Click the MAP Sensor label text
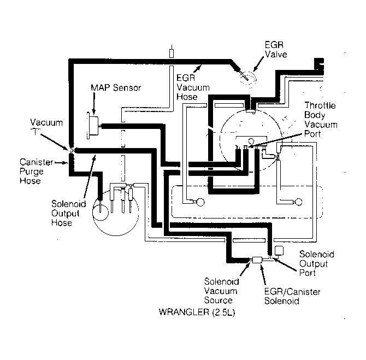tap(116, 88)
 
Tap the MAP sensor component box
tap(93, 126)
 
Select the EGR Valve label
tap(276, 50)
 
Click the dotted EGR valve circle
tap(248, 78)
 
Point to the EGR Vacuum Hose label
tap(193, 87)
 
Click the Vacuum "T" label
tap(46, 127)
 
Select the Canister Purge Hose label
tap(37, 172)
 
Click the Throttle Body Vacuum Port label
tap(321, 120)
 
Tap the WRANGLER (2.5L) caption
tap(197, 312)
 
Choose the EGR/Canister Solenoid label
tap(292, 296)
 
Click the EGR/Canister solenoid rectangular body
tap(257, 260)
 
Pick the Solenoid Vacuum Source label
tap(221, 291)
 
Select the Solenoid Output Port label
tap(316, 263)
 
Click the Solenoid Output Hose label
tap(69, 213)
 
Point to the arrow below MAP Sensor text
tap(94, 104)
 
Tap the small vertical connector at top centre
tap(172, 51)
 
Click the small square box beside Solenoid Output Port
tap(279, 251)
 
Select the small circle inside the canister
tap(101, 213)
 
